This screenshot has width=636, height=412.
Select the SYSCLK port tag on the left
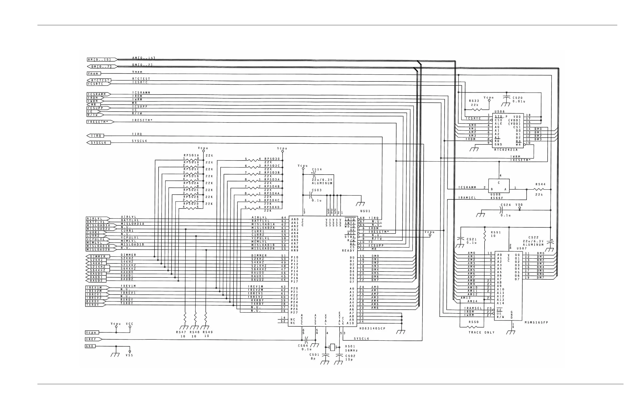[99, 143]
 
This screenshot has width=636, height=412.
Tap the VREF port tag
[93, 339]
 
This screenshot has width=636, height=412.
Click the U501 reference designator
[365, 211]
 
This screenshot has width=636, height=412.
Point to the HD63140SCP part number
[372, 328]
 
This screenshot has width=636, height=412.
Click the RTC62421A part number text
[506, 150]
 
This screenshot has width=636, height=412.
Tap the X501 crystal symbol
[332, 347]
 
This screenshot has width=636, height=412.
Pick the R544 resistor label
[540, 184]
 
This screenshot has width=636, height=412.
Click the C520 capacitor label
[518, 98]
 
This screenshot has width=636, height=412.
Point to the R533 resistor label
[474, 101]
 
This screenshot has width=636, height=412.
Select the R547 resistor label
[181, 332]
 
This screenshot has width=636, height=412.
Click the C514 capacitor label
[317, 169]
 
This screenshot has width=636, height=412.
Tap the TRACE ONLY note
[481, 332]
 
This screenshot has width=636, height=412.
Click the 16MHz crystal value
[351, 350]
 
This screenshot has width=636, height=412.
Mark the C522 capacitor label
[533, 237]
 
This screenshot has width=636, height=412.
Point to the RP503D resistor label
[272, 159]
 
